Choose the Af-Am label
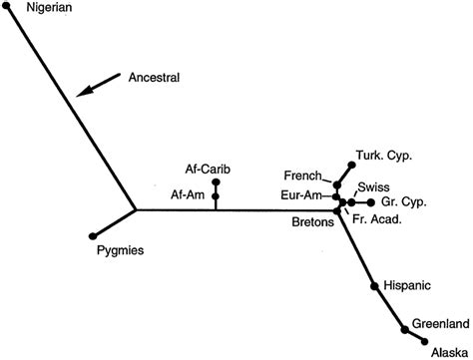(188, 193)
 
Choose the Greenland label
(440, 323)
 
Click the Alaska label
(448, 351)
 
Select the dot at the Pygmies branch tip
(93, 235)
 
